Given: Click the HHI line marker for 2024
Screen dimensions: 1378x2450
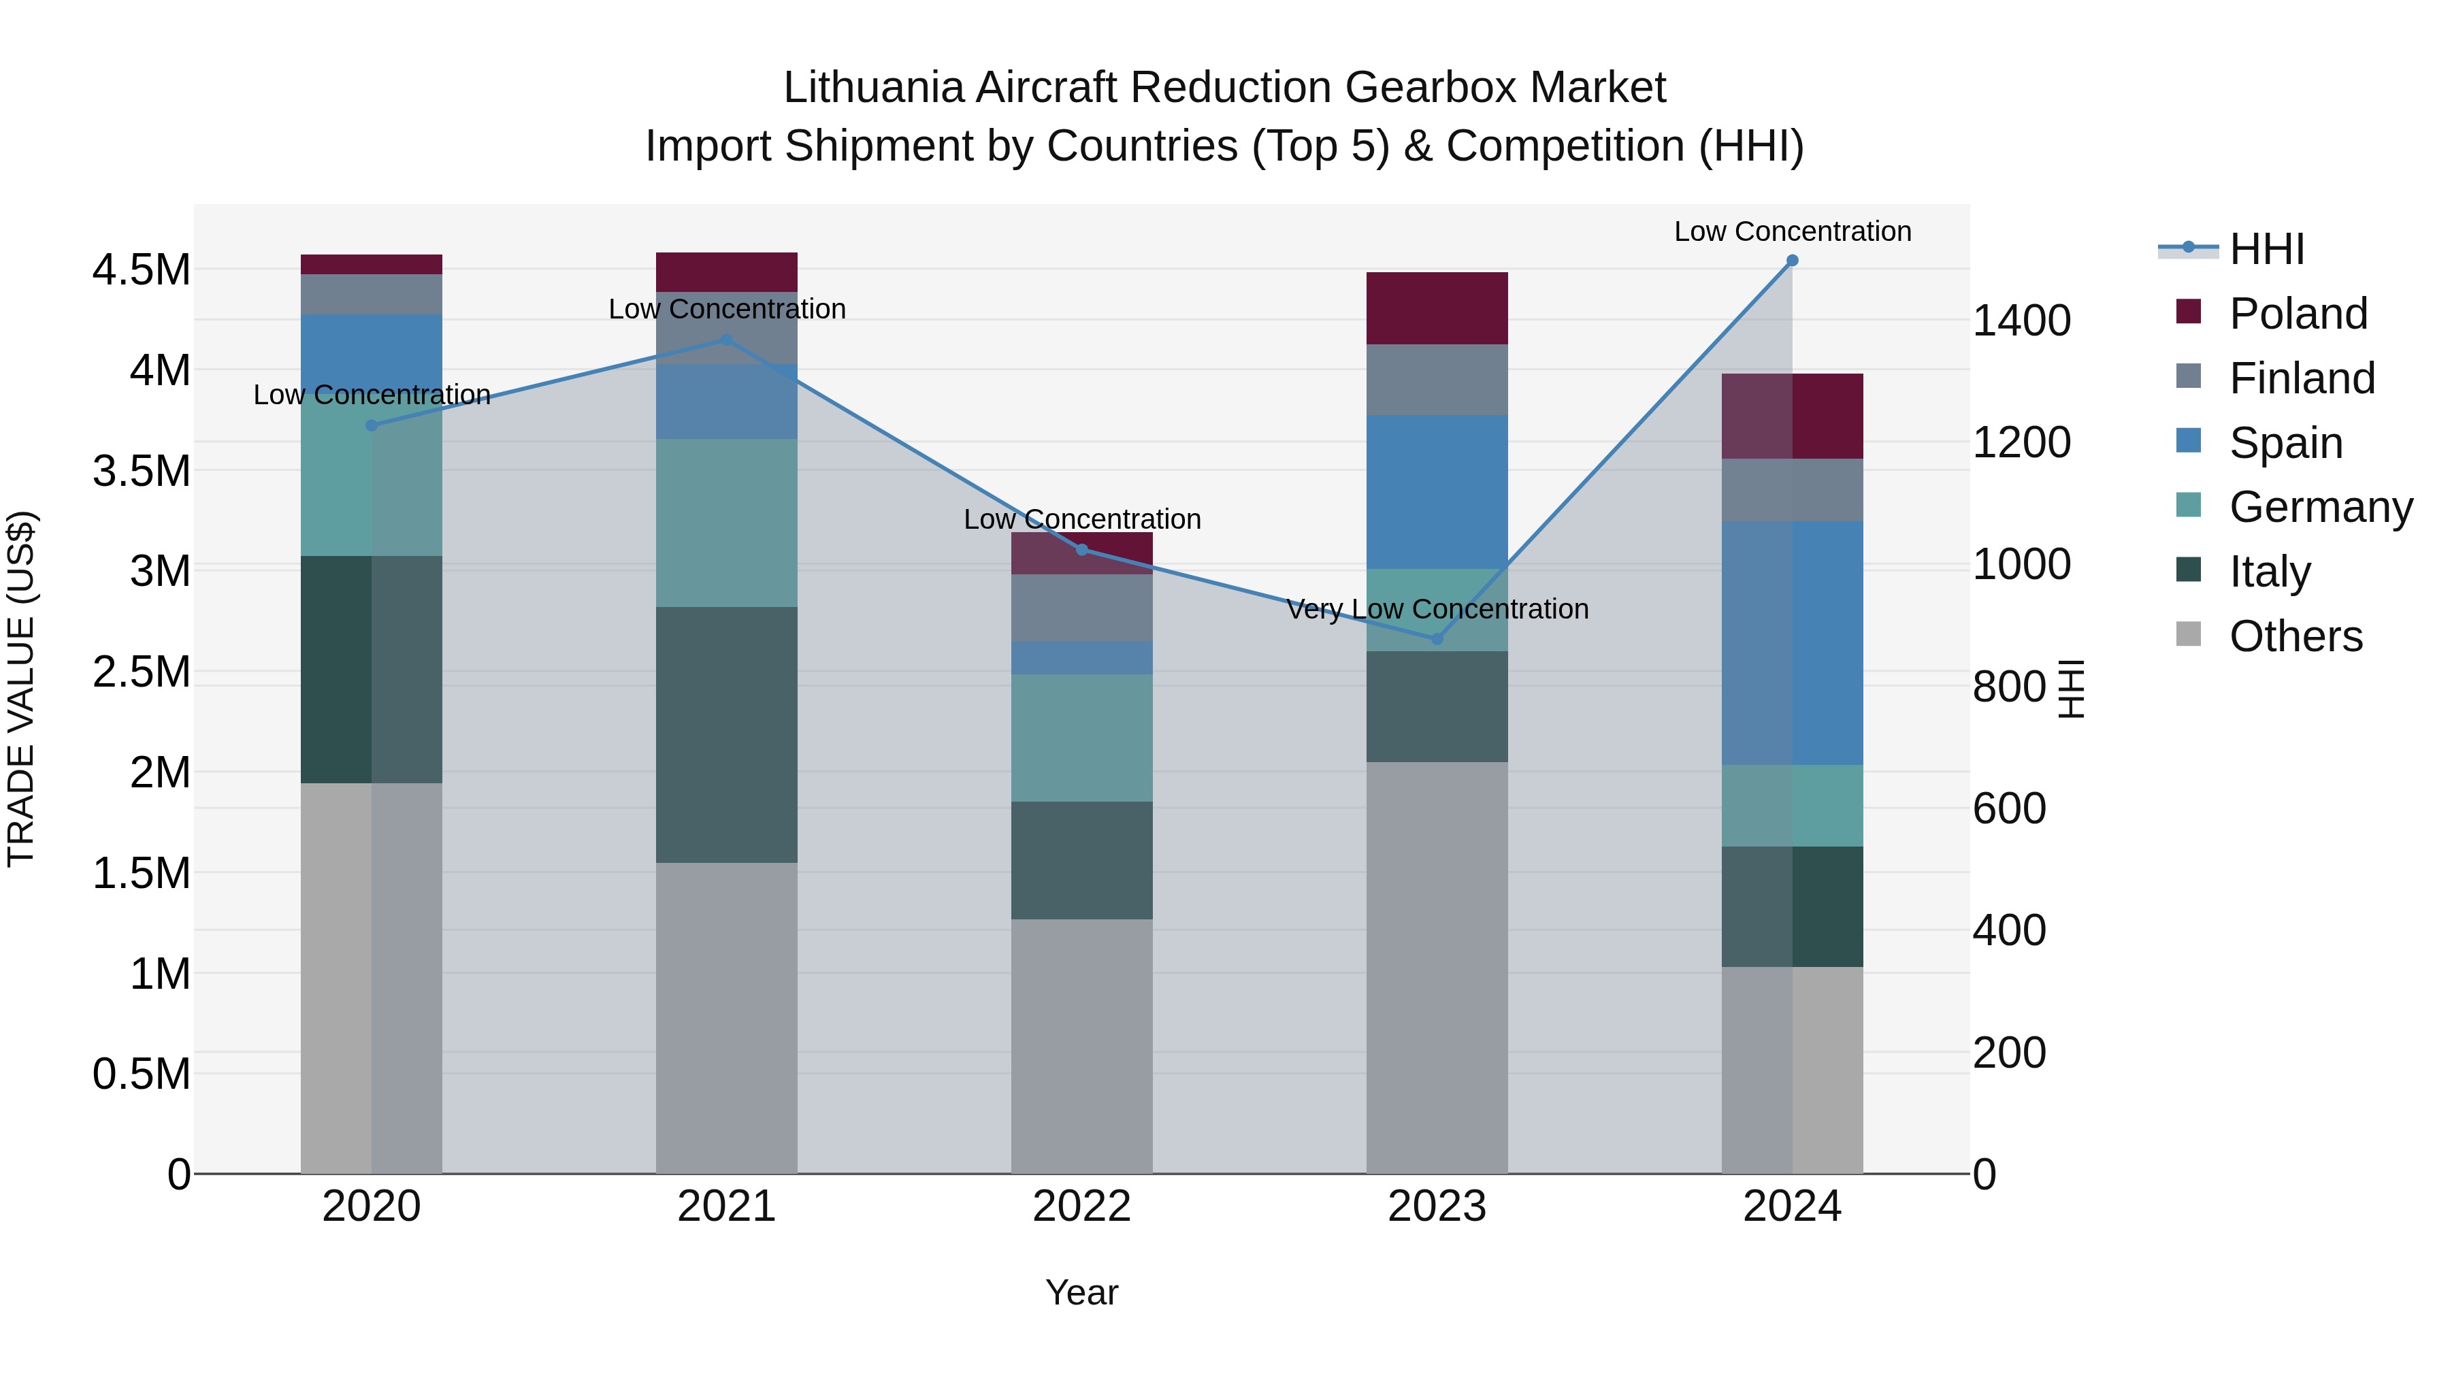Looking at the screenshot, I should (x=1792, y=260).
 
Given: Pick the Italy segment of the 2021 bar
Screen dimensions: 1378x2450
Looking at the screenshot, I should (x=727, y=734).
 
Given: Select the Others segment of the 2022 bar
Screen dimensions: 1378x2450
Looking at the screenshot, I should (x=1081, y=1045).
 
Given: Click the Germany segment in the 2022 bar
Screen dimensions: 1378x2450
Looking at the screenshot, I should (x=1081, y=737).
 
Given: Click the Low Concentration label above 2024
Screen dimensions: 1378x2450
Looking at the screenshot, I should (x=1792, y=231).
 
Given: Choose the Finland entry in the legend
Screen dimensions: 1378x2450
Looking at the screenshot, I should (x=2302, y=378).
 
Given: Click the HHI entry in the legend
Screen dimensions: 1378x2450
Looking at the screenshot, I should (x=2266, y=249).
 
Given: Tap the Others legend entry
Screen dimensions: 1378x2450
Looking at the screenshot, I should (x=2295, y=636).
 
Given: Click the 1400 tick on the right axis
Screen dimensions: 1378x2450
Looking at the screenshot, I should (x=2021, y=321).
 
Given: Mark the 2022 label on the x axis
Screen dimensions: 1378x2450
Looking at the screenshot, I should (x=1081, y=1206).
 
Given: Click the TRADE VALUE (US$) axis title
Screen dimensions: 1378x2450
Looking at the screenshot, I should (x=21, y=689).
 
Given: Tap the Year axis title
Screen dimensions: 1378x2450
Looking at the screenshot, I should (x=1081, y=1292).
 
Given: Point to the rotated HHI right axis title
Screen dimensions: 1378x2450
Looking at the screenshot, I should (x=2070, y=689).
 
